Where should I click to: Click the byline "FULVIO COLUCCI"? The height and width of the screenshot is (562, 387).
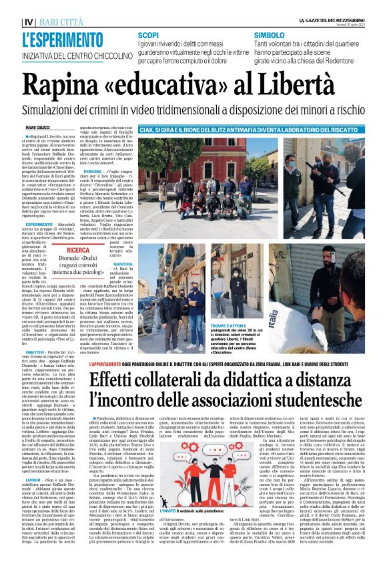tap(38, 127)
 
